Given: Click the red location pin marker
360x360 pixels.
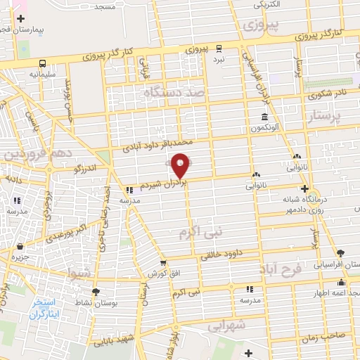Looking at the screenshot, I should [181, 165].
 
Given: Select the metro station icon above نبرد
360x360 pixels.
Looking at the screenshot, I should [219, 49].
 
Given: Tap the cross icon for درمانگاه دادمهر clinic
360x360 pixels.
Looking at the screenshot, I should [304, 188].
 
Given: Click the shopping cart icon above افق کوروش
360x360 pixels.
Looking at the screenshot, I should [162, 262].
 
